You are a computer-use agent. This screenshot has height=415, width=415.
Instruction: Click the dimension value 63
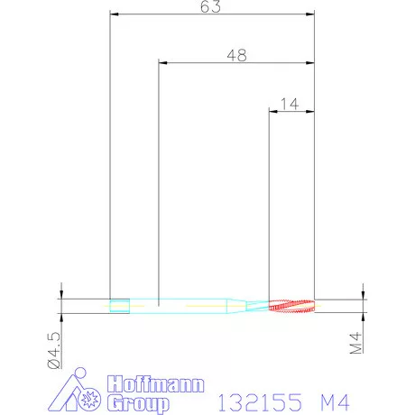click(210, 6)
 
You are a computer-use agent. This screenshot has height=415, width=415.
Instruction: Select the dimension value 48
click(237, 56)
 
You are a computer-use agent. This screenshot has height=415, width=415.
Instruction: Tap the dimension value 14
click(290, 104)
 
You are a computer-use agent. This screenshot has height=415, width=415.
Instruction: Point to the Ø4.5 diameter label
click(54, 350)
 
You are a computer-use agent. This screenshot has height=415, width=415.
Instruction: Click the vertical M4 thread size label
click(355, 343)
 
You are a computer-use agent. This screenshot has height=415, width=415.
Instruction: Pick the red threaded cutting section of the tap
click(291, 306)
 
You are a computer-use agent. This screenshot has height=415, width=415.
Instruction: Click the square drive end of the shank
click(120, 306)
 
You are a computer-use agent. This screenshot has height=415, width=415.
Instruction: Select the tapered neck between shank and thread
click(247, 306)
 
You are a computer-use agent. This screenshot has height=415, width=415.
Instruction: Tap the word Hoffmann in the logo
click(156, 384)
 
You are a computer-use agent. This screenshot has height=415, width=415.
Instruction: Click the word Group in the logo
click(139, 403)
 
